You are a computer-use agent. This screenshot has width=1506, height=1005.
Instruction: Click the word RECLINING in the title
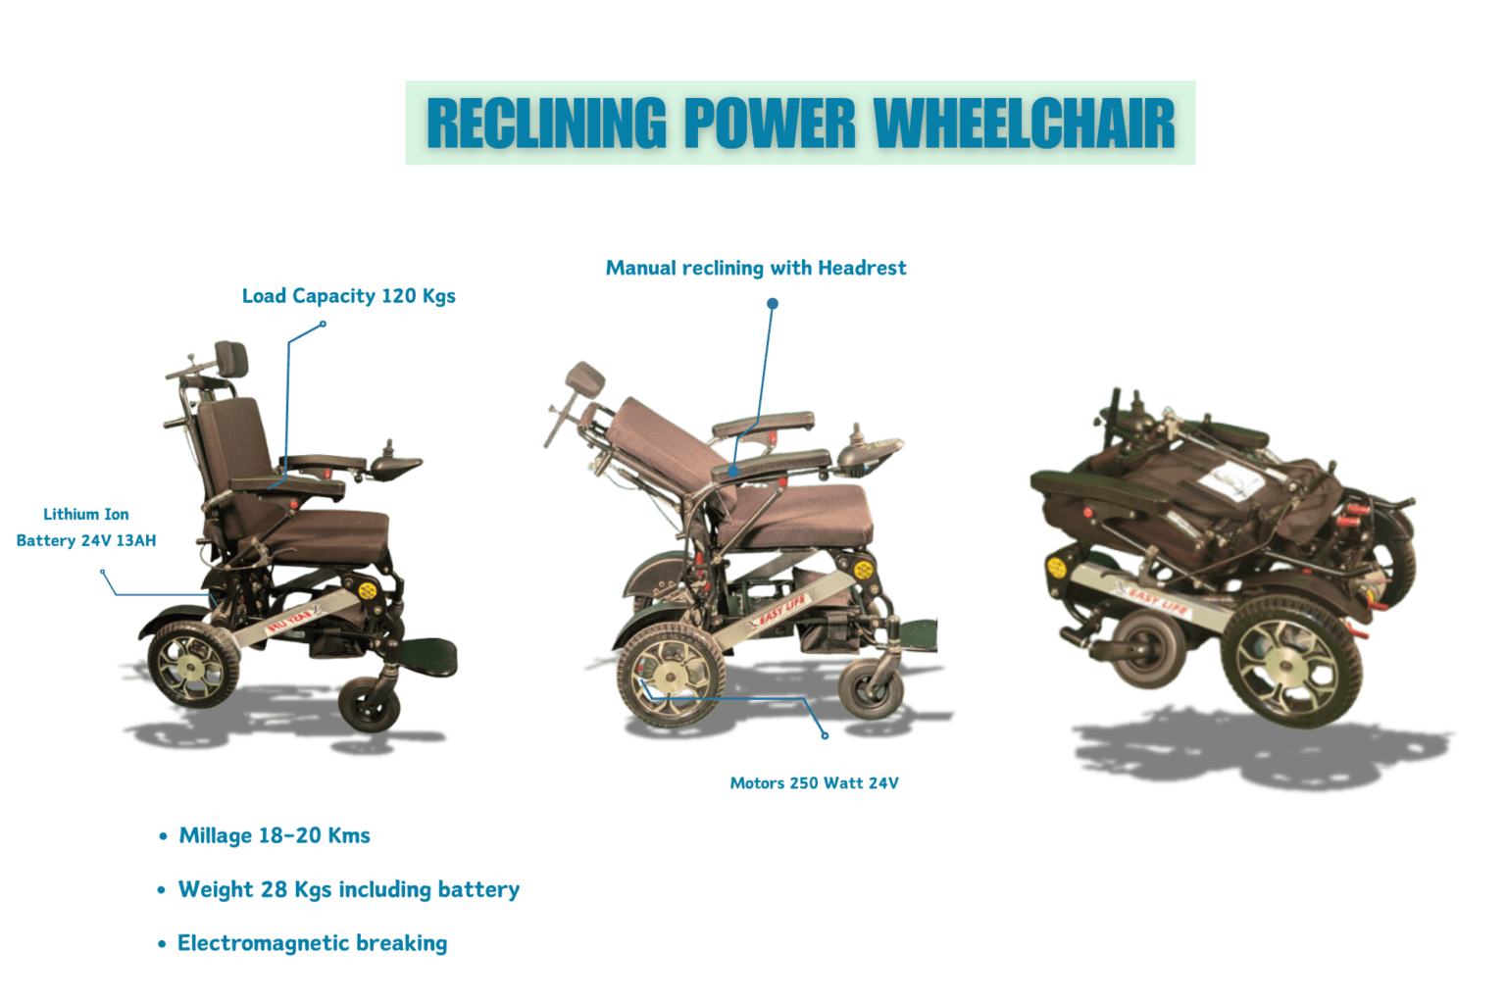(546, 123)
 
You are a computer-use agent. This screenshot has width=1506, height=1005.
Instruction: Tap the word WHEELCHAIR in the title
(1025, 123)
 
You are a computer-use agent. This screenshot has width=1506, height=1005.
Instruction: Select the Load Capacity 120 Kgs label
(348, 296)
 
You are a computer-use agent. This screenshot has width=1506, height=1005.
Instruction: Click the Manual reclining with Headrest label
(756, 269)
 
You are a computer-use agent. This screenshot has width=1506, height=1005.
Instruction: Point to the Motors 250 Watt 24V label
(814, 783)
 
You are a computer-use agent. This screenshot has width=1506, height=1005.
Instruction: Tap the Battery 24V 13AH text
(86, 540)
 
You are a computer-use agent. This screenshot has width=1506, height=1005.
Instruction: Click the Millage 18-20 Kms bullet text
(275, 835)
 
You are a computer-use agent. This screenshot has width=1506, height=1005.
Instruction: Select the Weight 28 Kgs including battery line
(349, 889)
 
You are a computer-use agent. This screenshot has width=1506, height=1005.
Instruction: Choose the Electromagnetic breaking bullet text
(312, 943)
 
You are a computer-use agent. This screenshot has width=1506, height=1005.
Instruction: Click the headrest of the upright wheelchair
(231, 358)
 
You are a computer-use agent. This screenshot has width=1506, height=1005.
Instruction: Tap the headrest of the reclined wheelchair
(584, 381)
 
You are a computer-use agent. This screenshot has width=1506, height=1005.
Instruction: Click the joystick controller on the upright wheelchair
(394, 462)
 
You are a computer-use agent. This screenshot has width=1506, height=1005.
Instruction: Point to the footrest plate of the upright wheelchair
(427, 656)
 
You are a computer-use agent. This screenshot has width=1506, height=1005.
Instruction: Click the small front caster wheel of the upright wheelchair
(369, 705)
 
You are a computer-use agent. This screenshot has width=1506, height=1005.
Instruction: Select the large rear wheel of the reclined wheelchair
(671, 675)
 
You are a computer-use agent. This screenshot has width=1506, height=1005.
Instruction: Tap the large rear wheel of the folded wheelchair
(1291, 662)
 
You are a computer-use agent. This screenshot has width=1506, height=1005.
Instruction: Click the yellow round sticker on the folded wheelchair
(1056, 568)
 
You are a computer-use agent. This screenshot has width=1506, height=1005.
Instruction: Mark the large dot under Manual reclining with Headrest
(773, 304)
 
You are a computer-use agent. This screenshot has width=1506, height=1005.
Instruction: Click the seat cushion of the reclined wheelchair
(793, 514)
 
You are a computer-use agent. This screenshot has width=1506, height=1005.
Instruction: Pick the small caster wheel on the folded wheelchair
(1147, 648)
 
